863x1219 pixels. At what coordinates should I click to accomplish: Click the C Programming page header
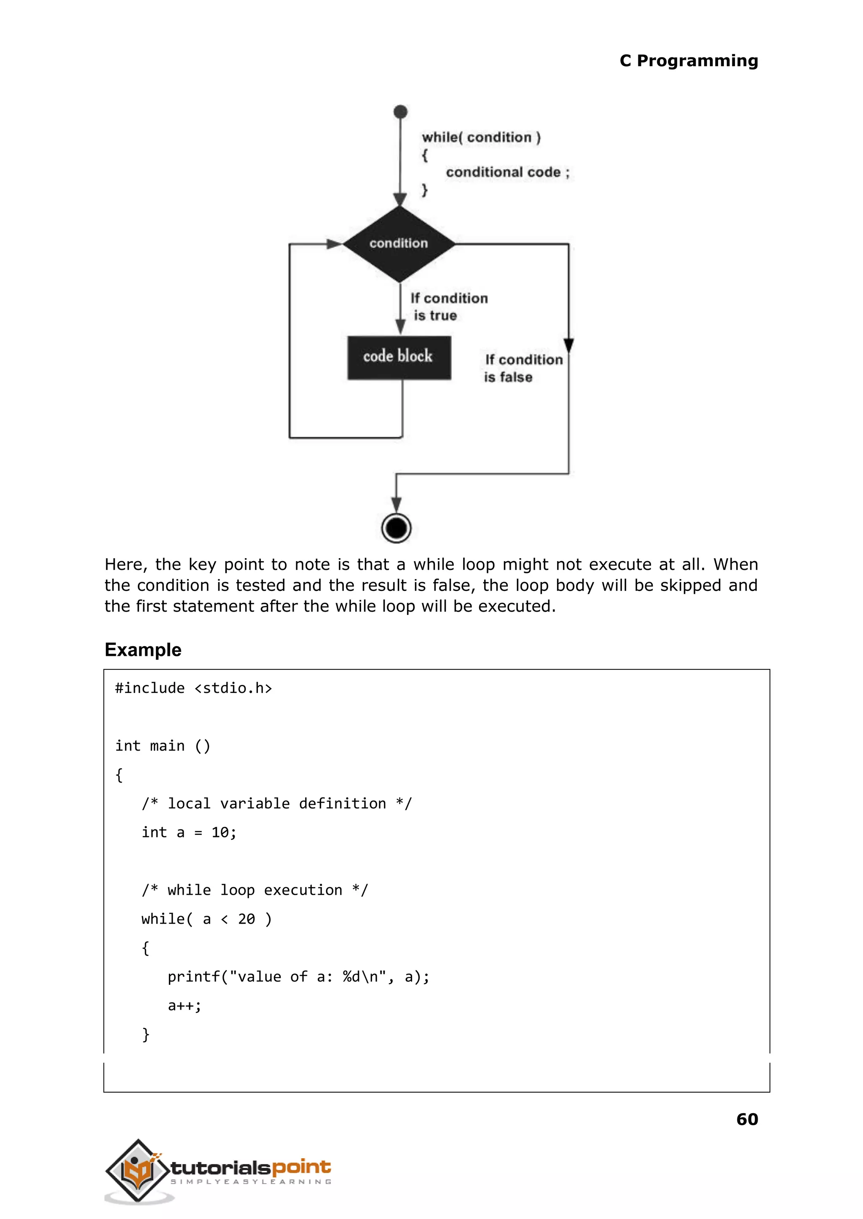[688, 61]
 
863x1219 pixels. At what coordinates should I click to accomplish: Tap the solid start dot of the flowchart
[400, 112]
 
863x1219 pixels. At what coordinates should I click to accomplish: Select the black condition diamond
[399, 244]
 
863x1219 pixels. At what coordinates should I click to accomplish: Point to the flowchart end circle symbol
[396, 528]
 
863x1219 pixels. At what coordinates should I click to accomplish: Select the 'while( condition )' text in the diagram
[481, 138]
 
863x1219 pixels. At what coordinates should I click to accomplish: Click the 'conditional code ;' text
[507, 172]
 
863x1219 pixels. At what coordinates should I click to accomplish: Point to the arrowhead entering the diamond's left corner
[334, 244]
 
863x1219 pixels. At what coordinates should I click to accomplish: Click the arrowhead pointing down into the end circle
[396, 504]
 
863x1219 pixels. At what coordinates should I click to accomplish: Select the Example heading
[143, 649]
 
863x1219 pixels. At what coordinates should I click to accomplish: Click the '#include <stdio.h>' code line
[193, 688]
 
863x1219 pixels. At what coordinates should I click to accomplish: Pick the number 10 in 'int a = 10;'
[220, 832]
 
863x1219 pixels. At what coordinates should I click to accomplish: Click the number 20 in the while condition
[246, 919]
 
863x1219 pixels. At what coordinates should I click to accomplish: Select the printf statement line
[298, 976]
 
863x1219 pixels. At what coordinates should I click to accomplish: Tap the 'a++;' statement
[185, 1005]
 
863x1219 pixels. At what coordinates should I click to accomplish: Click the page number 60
[747, 1119]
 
